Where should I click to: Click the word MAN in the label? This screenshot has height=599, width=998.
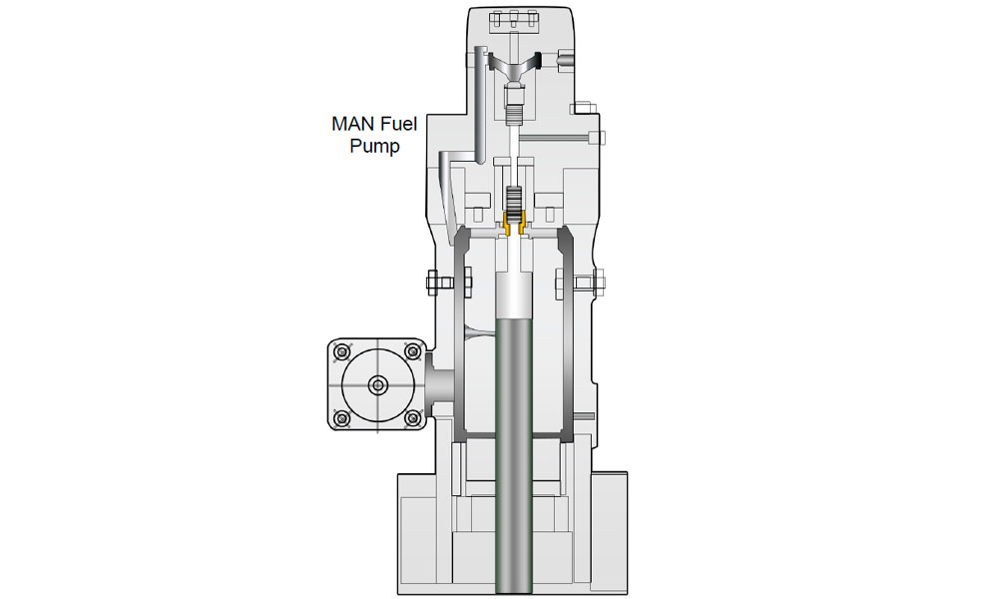(352, 126)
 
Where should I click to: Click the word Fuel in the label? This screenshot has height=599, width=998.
(402, 126)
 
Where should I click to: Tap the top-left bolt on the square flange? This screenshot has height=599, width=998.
(342, 351)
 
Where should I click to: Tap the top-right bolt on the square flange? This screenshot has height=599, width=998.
(410, 351)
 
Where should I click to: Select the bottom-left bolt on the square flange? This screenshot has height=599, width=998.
(342, 417)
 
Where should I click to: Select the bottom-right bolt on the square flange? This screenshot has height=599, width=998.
(410, 417)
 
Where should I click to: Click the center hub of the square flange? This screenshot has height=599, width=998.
(376, 384)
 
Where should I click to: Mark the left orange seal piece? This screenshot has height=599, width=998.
(506, 228)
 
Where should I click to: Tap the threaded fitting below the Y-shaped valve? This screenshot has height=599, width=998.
(516, 102)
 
